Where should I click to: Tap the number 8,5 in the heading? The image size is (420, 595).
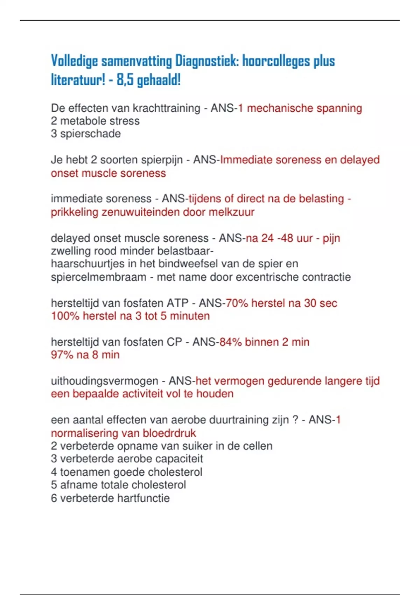coord(125,80)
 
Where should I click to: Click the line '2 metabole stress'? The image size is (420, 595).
coord(95,121)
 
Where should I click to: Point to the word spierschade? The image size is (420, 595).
coord(90,134)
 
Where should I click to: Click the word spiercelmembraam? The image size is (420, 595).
coord(98,277)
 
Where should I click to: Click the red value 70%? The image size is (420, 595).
coord(237,303)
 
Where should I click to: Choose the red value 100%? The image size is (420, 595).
coord(65,316)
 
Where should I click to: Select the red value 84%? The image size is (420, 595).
coord(230,342)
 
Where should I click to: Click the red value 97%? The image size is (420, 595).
coord(62,355)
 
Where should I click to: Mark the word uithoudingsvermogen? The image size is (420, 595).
coord(105,381)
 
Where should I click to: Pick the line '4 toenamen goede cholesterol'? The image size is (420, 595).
coord(127,472)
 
